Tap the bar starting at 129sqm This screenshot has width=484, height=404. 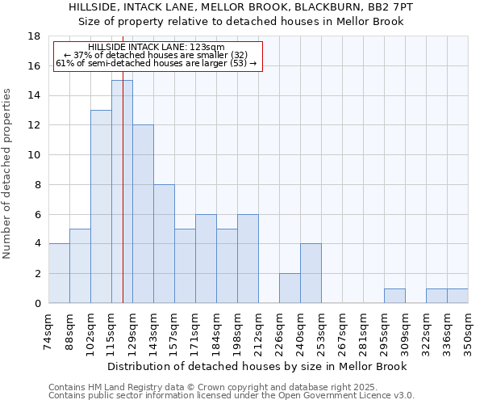click(x=143, y=214)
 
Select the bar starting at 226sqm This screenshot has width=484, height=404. click(x=290, y=288)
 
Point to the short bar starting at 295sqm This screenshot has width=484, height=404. click(x=394, y=296)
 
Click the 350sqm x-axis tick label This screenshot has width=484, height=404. click(x=469, y=333)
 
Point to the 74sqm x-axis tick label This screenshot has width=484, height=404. click(x=49, y=333)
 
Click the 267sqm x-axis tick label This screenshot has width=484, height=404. click(x=343, y=333)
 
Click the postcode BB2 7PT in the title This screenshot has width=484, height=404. click(x=391, y=6)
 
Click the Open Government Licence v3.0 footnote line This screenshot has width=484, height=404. click(x=232, y=396)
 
